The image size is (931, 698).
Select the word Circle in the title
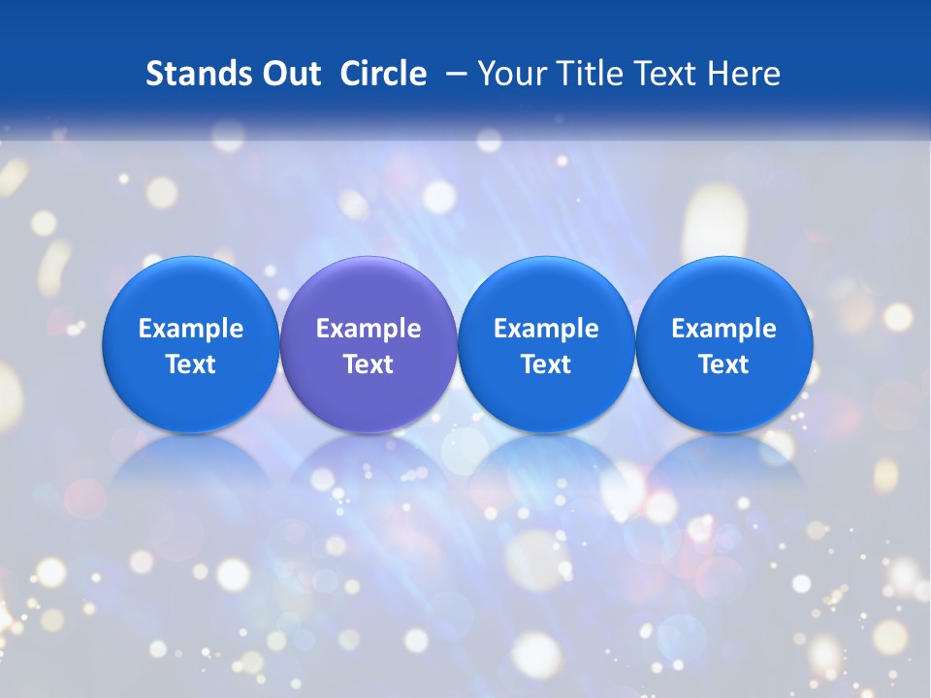[x=383, y=74]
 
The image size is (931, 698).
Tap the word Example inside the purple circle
[x=369, y=329]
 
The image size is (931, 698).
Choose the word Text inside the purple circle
[x=369, y=365]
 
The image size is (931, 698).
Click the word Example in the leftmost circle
[x=190, y=329]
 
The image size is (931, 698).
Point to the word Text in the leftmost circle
[x=190, y=365]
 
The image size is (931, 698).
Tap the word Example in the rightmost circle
[x=724, y=329]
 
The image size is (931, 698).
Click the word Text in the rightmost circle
[x=724, y=365]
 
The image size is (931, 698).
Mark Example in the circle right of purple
[x=546, y=329]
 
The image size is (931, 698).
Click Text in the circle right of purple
[x=546, y=365]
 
